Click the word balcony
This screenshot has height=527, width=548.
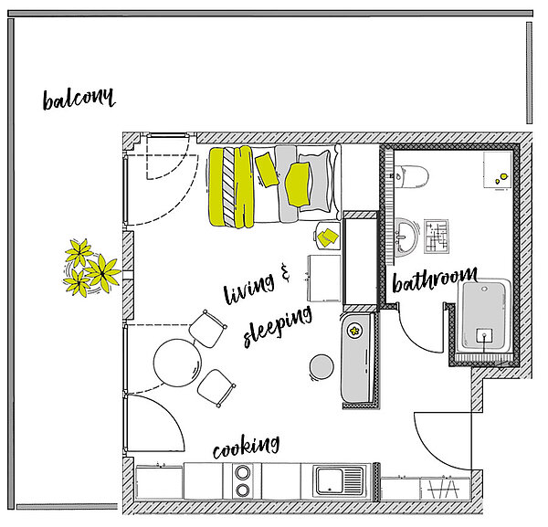click(x=79, y=99)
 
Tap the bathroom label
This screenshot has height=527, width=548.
click(x=435, y=279)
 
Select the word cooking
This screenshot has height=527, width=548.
click(x=246, y=447)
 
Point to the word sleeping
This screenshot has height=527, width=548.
click(x=278, y=326)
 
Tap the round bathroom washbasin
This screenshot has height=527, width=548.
click(x=406, y=237)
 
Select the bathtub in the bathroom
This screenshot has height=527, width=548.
click(x=485, y=316)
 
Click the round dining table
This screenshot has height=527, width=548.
click(x=177, y=363)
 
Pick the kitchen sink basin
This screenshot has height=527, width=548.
click(x=330, y=480)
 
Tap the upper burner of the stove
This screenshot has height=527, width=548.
click(x=243, y=473)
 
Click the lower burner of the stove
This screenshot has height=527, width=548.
click(x=243, y=490)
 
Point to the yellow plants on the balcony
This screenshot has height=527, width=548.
click(x=91, y=268)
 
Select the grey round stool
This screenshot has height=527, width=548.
click(x=321, y=366)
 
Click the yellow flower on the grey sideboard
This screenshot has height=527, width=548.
click(x=355, y=331)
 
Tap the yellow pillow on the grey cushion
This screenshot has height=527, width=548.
click(x=298, y=184)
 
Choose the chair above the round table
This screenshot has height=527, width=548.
click(x=207, y=329)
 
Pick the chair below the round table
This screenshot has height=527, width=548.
click(x=216, y=388)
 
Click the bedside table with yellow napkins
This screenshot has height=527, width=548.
click(x=328, y=237)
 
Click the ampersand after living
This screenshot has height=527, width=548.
click(x=285, y=272)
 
